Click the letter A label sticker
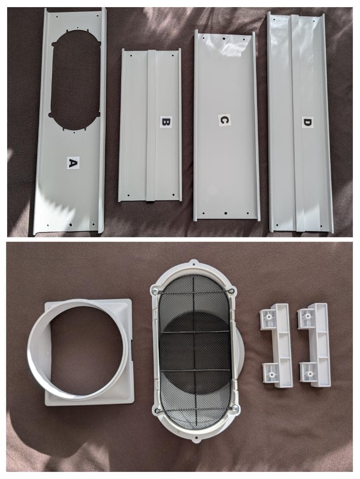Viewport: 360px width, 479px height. pos(73,163)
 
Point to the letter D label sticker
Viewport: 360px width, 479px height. pos(307,122)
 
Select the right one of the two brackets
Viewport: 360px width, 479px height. pos(314,345)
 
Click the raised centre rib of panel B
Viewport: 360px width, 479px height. pos(151,125)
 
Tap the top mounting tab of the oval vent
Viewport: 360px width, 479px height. pos(194,263)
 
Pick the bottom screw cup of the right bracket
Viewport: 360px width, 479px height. pos(310,373)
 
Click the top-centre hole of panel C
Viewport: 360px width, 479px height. pos(224,39)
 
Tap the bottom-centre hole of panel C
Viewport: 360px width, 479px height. pos(225,213)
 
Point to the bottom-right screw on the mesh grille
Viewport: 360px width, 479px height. pos(235,408)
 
